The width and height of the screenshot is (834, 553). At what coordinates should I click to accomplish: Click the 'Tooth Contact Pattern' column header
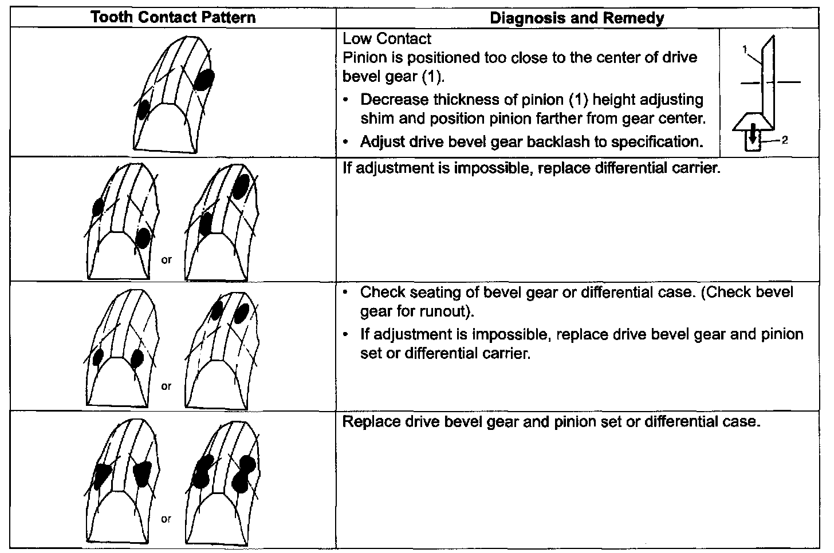[x=173, y=18]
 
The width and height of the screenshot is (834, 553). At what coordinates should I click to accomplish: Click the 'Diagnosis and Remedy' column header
[x=577, y=18]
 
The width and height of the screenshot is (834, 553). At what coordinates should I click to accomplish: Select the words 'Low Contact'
[x=387, y=39]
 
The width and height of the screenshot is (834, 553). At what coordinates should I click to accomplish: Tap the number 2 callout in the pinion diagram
[x=785, y=140]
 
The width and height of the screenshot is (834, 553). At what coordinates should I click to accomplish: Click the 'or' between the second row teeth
[x=166, y=260]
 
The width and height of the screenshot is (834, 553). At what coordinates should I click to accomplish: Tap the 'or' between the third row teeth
[x=166, y=386]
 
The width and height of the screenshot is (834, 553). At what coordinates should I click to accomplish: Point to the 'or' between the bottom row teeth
[x=166, y=519]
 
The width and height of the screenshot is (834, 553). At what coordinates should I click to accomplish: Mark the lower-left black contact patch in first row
[x=143, y=108]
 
